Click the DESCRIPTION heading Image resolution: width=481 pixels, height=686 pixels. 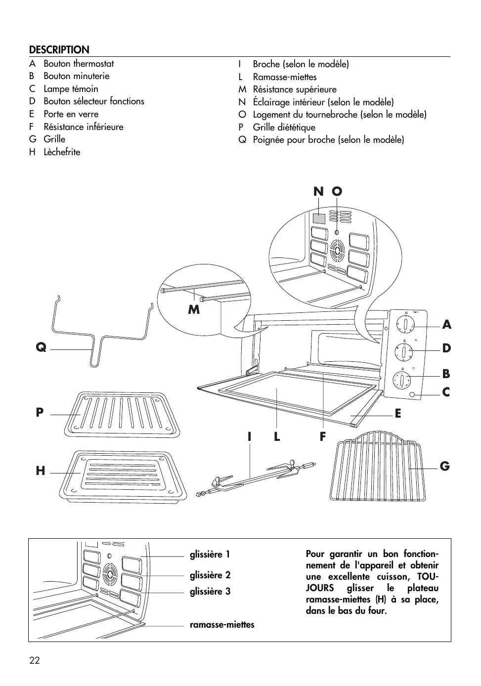click(59, 49)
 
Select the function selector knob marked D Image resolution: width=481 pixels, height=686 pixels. click(404, 352)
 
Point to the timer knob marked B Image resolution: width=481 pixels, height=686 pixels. click(401, 381)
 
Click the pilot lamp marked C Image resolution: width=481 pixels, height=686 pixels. click(413, 394)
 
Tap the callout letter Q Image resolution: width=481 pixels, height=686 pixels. click(41, 347)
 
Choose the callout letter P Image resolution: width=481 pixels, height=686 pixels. click(40, 412)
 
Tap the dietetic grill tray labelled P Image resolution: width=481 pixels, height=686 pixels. click(121, 414)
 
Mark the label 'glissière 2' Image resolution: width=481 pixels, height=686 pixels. click(210, 575)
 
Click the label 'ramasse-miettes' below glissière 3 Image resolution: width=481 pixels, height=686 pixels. click(222, 625)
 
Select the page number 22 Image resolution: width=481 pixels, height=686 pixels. click(34, 661)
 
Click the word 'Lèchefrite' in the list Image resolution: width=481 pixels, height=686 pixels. click(62, 152)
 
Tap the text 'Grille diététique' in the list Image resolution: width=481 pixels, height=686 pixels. click(284, 127)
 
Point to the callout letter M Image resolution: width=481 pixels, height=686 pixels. click(194, 309)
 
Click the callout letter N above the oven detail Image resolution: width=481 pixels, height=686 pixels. click(318, 192)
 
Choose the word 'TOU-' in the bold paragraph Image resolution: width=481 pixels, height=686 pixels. click(427, 577)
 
